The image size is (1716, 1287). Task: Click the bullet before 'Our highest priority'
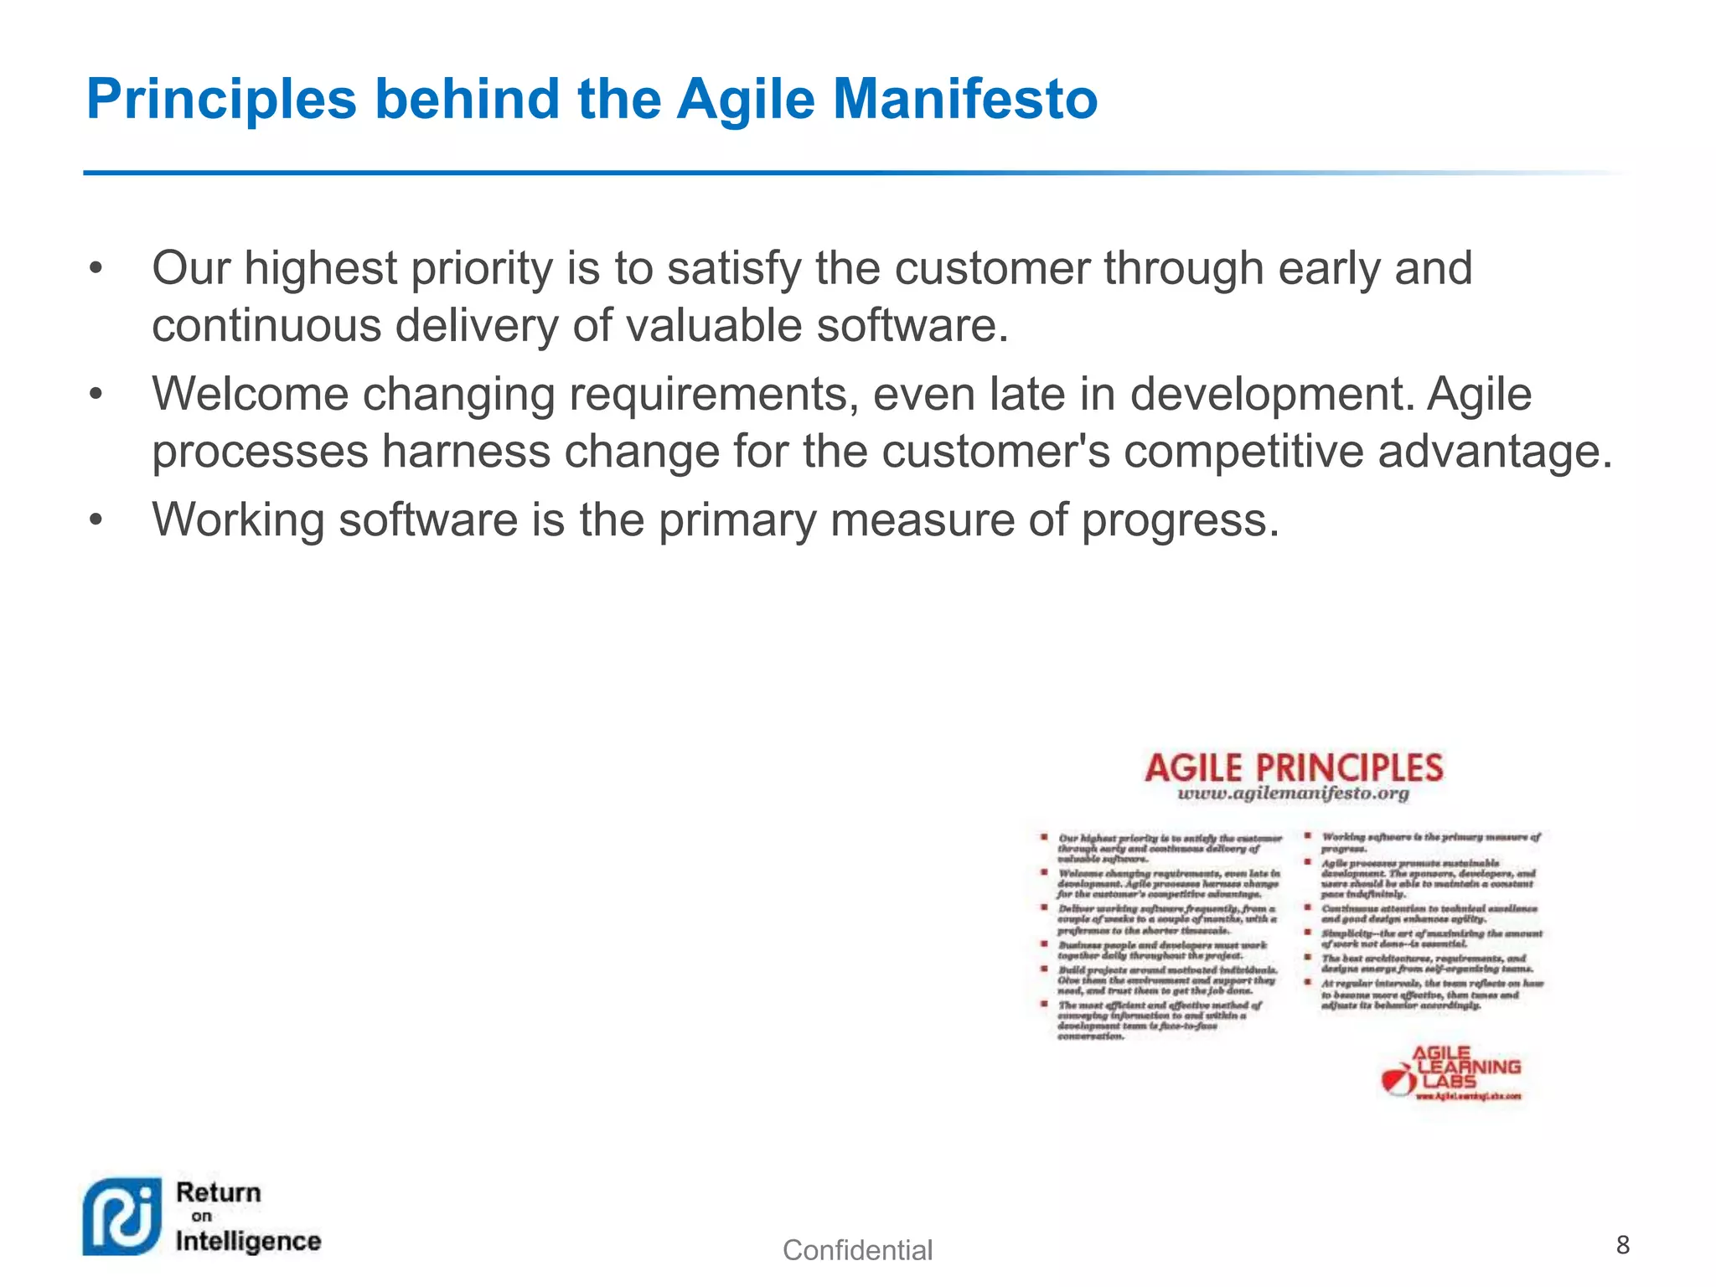click(96, 269)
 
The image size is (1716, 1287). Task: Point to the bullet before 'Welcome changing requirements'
click(96, 395)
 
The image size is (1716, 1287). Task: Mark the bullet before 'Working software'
click(96, 520)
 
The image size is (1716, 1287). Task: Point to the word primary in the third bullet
click(737, 522)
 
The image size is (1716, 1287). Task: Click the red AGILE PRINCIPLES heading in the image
click(1293, 768)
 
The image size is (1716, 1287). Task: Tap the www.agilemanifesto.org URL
click(1293, 794)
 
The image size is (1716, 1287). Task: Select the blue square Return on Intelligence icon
click(122, 1217)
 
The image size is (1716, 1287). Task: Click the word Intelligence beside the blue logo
click(248, 1241)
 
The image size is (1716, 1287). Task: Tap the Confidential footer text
click(856, 1250)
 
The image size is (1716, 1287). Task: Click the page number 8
click(1622, 1245)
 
